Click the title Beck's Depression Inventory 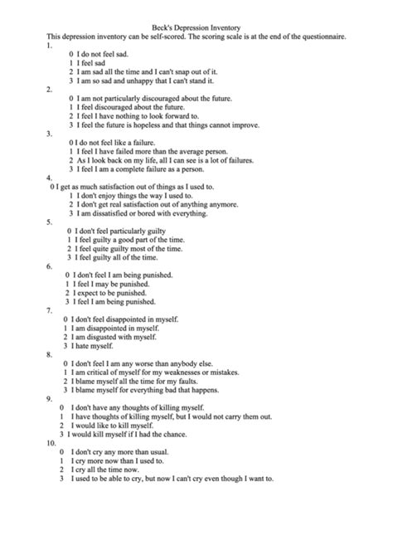click(x=196, y=27)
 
